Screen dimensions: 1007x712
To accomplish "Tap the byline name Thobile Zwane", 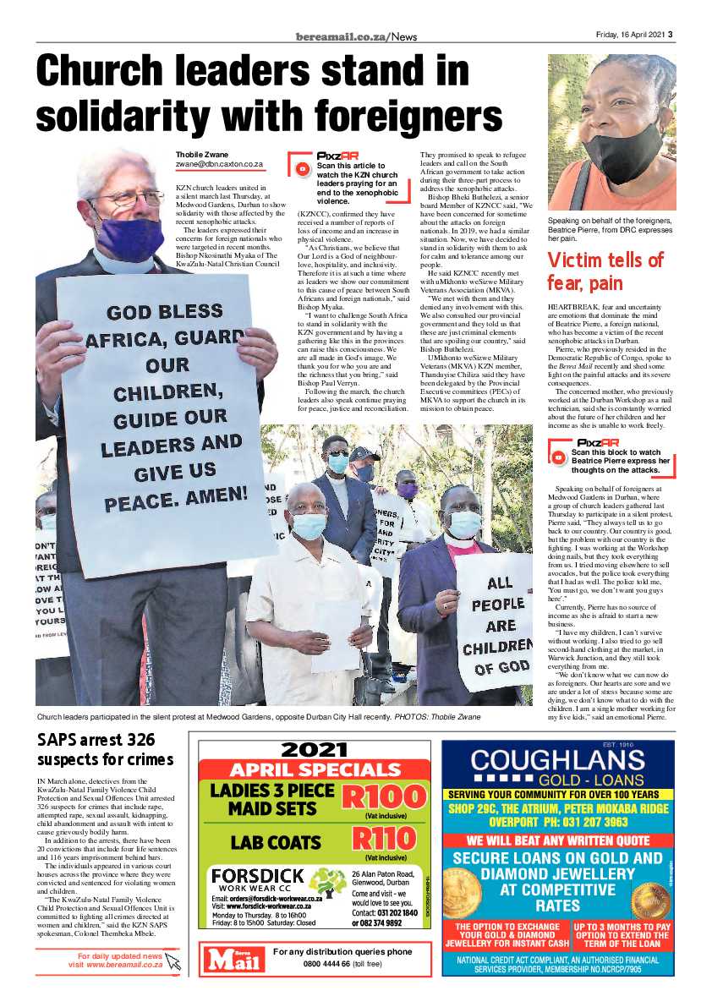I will point(203,155).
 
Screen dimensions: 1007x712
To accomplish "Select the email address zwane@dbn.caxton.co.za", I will point(219,165).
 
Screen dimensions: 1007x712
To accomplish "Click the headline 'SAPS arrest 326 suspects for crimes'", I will point(106,749).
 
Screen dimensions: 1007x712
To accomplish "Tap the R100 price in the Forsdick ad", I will point(384,797).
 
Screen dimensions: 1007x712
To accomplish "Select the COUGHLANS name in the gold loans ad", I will point(558,760).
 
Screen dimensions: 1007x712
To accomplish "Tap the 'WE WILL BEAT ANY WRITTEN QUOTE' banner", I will point(557,840).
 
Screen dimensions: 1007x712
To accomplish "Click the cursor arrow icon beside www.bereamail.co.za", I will point(173,960).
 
